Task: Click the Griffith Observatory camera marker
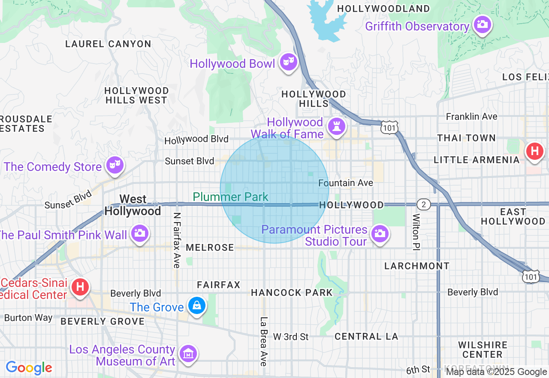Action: pos(483,25)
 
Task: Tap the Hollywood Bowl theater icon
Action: pos(288,63)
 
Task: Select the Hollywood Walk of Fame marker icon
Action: pos(336,127)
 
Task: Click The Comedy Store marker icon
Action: pos(115,165)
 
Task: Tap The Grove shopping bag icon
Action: pos(196,306)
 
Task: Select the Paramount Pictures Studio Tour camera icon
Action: pos(379,234)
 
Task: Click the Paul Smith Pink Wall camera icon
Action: pos(139,233)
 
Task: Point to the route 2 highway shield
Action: pos(423,204)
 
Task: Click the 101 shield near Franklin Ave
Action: pos(389,127)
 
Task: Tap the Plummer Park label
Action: pos(230,197)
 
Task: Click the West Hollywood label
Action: pos(133,205)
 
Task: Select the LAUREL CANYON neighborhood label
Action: pos(108,44)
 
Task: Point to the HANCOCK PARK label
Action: pos(292,293)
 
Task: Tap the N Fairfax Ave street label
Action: pos(177,240)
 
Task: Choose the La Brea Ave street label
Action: pos(264,341)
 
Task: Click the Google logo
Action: pos(29,368)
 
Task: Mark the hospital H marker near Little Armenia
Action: pos(534,151)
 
